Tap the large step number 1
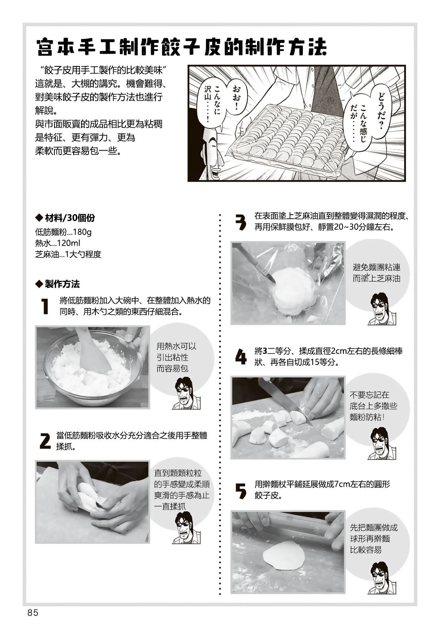(45, 306)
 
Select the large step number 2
(45, 441)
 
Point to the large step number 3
(241, 222)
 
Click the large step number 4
(241, 357)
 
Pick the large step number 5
(241, 491)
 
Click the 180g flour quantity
(82, 232)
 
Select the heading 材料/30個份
(65, 218)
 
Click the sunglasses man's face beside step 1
(184, 393)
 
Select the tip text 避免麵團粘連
(376, 267)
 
